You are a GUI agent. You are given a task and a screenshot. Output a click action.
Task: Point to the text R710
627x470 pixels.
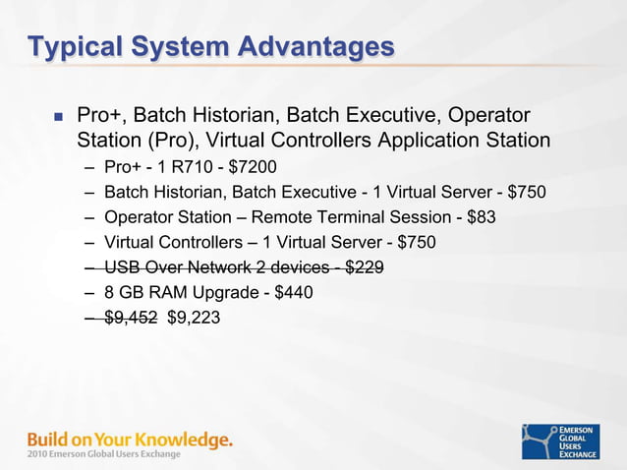click(x=189, y=165)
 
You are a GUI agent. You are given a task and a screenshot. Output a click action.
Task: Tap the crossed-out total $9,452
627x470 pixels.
click(x=130, y=318)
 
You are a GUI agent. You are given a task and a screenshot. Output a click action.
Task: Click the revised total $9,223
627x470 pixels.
click(x=195, y=318)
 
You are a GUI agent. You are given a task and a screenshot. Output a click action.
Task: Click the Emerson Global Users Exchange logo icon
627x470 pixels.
click(x=540, y=441)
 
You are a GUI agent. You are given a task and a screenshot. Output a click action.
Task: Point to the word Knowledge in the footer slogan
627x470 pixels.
click(x=183, y=439)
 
